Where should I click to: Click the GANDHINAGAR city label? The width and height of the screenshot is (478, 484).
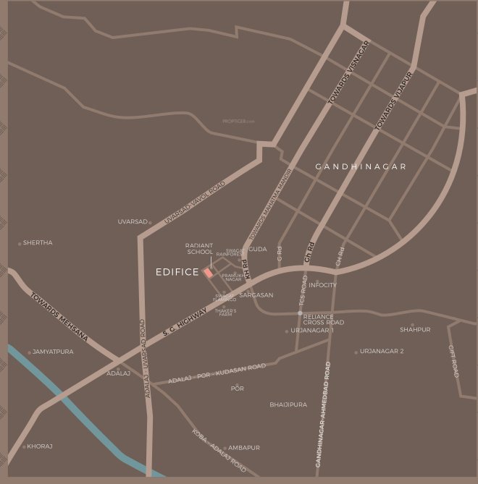(361, 167)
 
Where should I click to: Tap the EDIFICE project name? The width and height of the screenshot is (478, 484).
(177, 273)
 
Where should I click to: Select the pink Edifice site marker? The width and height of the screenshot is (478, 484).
(208, 273)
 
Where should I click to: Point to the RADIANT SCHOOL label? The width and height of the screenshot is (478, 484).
(199, 249)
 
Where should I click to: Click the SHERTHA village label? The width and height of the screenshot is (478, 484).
(38, 243)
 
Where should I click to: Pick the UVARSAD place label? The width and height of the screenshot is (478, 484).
(133, 221)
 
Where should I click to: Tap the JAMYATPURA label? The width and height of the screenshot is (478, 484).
(53, 352)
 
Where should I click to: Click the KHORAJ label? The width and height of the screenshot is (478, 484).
(40, 446)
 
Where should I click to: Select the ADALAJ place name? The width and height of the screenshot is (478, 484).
(118, 373)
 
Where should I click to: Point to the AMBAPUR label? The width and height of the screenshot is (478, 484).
(244, 448)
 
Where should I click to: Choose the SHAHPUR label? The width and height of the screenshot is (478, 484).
(415, 330)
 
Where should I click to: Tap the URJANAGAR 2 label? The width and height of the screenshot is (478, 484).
(382, 352)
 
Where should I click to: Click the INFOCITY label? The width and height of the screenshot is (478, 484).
(323, 285)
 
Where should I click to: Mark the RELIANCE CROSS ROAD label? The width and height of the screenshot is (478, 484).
(324, 319)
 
